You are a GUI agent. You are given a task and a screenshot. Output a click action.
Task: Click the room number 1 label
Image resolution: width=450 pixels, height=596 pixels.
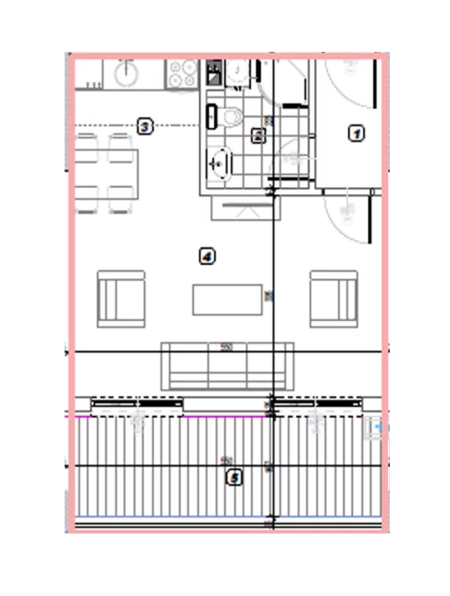click(356, 133)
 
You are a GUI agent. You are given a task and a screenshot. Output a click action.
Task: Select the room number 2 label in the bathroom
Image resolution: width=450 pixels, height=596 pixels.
click(258, 136)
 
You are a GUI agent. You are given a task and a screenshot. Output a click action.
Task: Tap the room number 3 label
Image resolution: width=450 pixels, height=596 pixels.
click(146, 127)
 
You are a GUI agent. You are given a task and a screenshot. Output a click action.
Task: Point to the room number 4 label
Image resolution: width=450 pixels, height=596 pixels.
click(207, 256)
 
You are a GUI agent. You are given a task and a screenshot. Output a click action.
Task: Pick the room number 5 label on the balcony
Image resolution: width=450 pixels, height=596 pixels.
click(234, 478)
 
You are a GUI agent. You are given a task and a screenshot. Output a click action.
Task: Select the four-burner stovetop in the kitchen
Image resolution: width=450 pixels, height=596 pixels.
click(183, 72)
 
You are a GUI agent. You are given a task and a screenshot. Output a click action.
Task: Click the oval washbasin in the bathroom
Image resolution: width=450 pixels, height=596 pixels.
click(221, 162)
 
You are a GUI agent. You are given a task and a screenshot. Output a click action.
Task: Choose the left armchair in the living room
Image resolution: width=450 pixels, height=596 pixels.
click(121, 299)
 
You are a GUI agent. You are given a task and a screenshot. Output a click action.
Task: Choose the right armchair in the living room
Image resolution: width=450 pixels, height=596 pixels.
click(333, 299)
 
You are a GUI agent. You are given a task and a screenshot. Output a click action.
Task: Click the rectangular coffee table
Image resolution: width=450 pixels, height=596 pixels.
click(228, 299)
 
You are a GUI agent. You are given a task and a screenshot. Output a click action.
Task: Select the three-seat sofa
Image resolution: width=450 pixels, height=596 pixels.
click(227, 365)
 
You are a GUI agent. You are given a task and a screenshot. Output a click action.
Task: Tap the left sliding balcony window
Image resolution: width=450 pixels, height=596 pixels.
click(137, 404)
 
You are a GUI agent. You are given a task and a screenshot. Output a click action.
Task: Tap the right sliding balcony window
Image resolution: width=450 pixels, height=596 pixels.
click(317, 404)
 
